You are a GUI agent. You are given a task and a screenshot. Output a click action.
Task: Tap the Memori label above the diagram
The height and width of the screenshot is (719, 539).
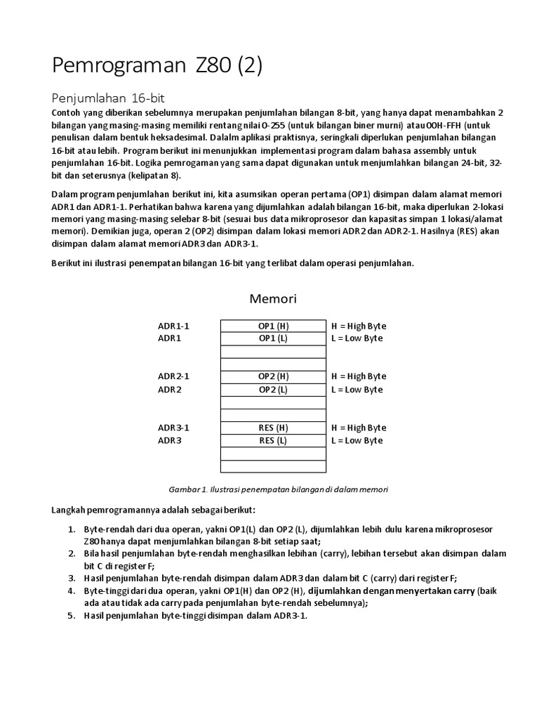(273, 299)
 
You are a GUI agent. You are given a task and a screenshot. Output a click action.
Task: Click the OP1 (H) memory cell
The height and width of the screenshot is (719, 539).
(273, 326)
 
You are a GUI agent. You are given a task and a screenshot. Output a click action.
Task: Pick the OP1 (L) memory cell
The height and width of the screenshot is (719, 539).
(273, 338)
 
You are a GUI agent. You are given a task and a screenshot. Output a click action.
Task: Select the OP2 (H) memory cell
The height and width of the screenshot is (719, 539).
(273, 376)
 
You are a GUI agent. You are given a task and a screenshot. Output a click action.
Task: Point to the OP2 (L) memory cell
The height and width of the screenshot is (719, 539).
(273, 390)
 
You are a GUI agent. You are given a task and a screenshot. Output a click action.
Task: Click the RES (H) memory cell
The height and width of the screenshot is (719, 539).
(273, 428)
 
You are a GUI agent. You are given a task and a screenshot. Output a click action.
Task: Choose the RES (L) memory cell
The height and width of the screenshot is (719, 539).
(273, 441)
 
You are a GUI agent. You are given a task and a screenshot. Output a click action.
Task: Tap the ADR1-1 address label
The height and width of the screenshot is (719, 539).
(173, 326)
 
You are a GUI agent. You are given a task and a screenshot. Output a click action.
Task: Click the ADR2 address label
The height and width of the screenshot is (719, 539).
(169, 390)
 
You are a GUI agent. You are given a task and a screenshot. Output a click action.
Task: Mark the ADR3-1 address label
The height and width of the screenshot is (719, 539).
(173, 428)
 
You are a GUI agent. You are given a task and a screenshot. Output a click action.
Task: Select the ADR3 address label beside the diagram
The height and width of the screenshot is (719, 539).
(169, 441)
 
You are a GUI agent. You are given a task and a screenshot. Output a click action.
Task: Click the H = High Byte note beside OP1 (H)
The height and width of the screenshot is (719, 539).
(359, 326)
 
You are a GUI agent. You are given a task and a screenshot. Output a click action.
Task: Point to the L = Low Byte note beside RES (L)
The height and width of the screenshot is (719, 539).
(357, 441)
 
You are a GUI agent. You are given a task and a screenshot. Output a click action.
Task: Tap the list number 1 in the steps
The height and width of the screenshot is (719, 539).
(72, 529)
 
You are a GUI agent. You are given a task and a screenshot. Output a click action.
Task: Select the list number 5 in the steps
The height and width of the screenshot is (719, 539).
(72, 616)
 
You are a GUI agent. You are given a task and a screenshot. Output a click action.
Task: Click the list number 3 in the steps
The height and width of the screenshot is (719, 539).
(72, 579)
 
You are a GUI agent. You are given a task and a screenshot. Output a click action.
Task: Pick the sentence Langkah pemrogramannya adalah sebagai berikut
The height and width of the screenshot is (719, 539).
(154, 509)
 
